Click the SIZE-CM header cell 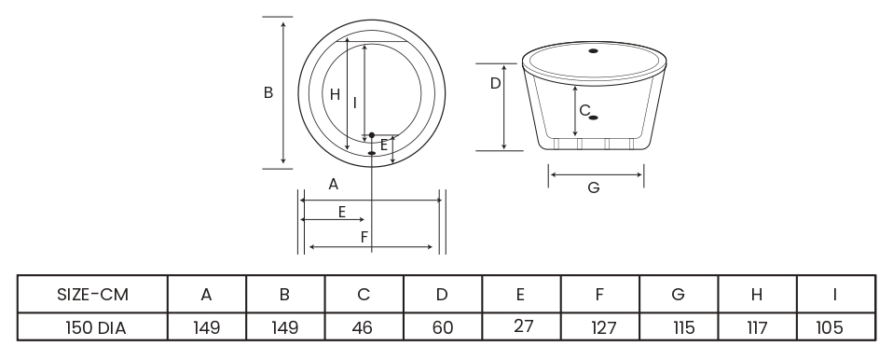point(93,295)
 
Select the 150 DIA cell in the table point(96,328)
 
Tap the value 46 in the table point(363,328)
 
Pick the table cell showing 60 point(443,328)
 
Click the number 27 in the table point(523,325)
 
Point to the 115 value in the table point(683,328)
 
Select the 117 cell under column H point(757,328)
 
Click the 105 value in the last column point(829,328)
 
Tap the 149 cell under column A point(206,328)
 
